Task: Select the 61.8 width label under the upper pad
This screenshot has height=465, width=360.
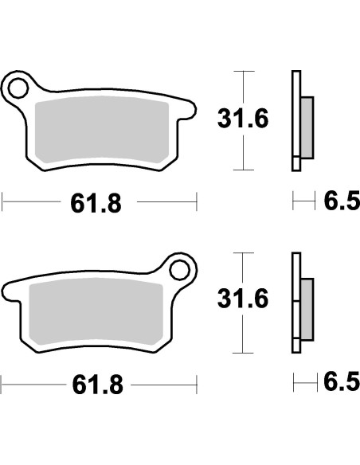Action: (x=96, y=204)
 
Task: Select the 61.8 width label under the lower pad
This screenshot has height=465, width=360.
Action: (x=96, y=385)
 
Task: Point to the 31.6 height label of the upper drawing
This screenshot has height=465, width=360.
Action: (x=244, y=120)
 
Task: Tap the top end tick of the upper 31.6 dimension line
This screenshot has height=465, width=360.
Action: (x=243, y=71)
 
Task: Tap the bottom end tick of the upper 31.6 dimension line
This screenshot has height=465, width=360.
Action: (x=243, y=170)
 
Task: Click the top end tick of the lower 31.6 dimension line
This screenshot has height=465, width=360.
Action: (x=243, y=252)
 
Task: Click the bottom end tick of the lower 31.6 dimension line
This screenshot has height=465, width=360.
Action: (x=243, y=353)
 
